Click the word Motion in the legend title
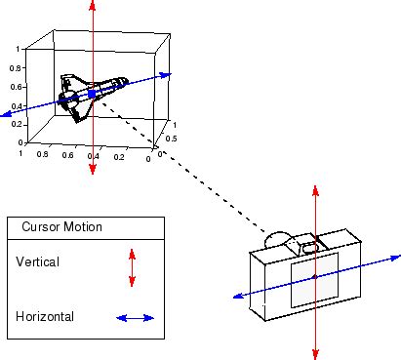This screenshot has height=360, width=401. tap(85, 227)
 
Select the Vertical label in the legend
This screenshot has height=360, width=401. tap(37, 261)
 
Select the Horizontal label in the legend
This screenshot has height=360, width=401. tap(44, 316)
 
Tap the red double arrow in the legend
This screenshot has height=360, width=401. tap(132, 267)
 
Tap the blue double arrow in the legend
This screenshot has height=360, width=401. tap(135, 317)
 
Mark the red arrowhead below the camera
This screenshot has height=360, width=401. tap(315, 353)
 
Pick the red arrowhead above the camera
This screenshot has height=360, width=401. tap(314, 185)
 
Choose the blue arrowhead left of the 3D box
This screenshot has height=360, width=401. tap(6, 115)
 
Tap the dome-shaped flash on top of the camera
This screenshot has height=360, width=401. tap(278, 239)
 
